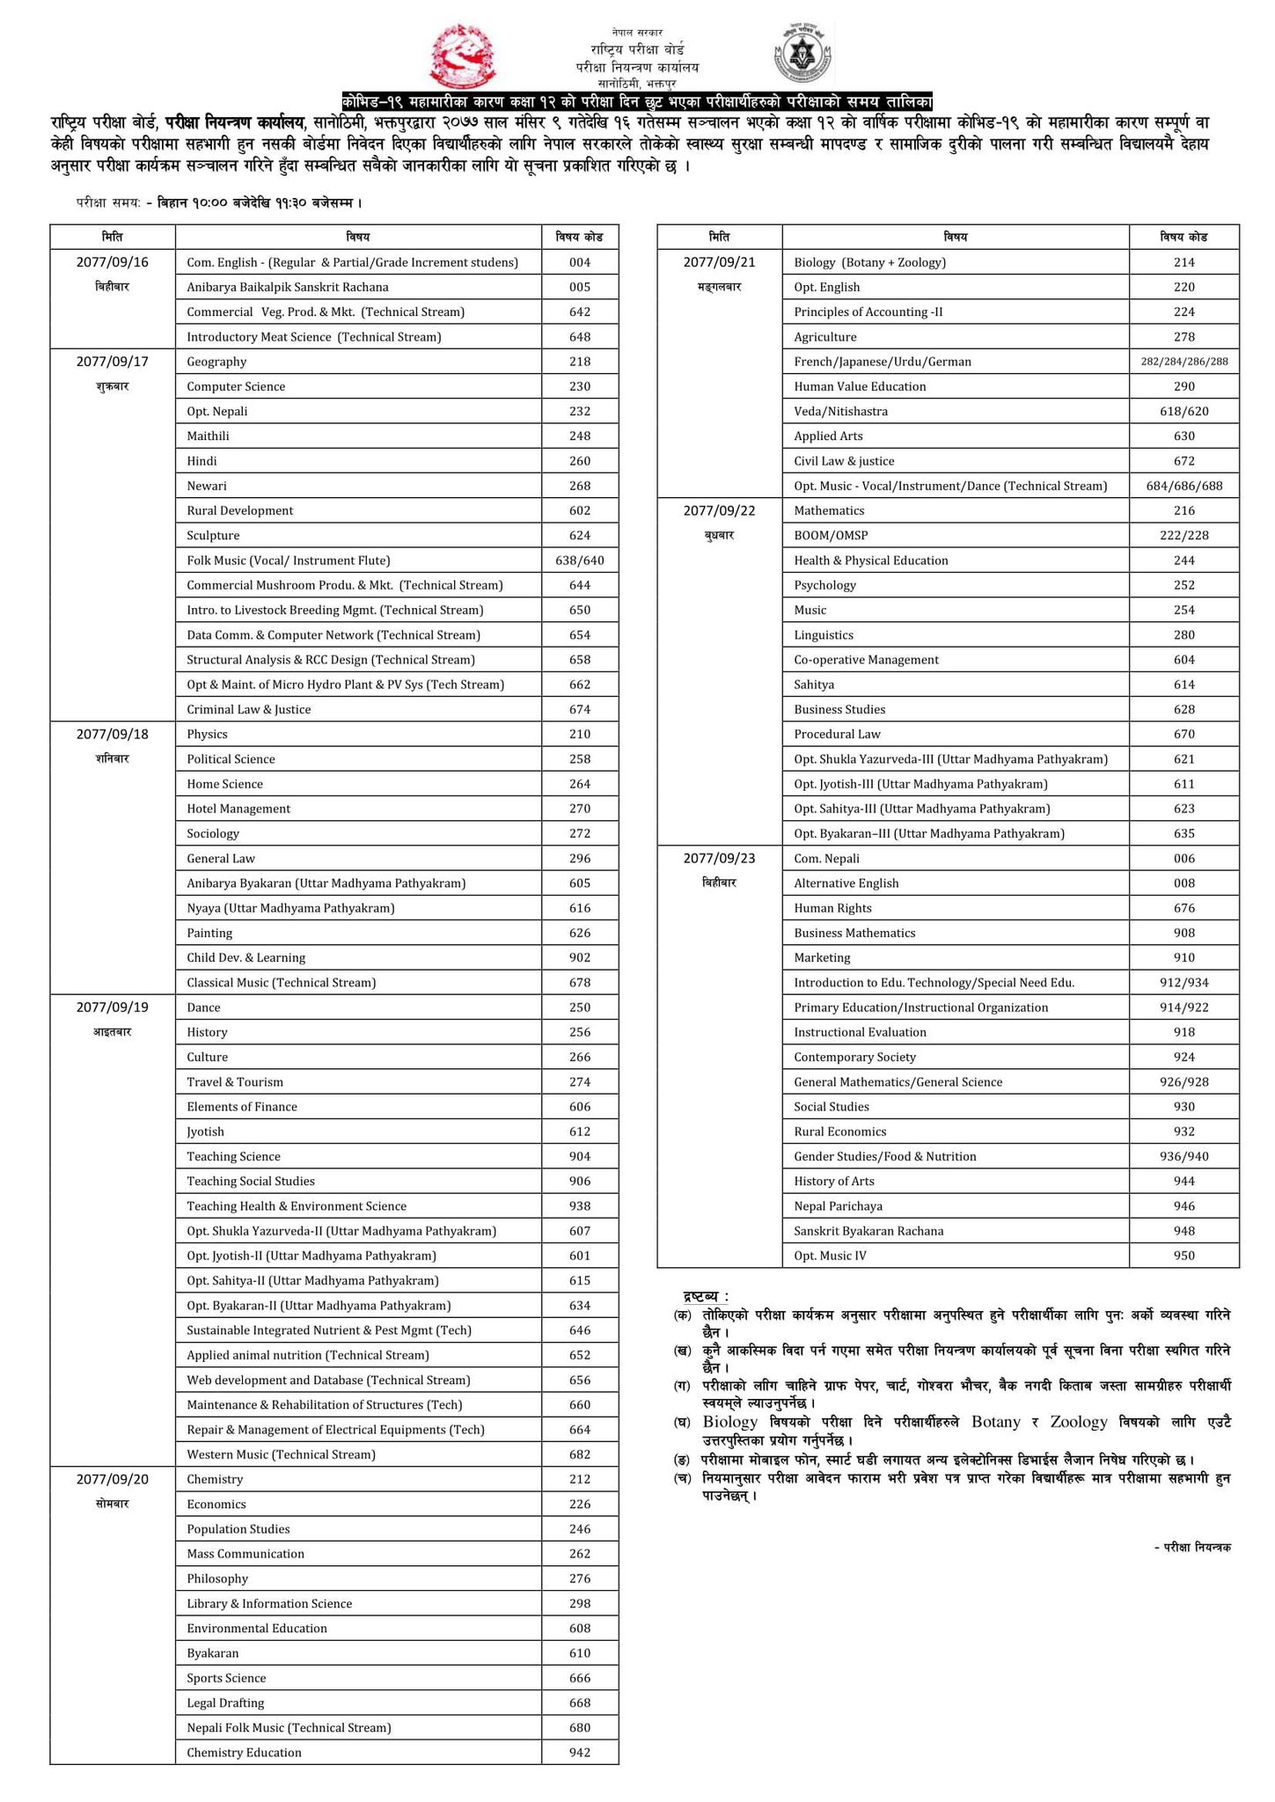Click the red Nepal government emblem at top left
[x=463, y=54]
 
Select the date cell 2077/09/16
[x=112, y=262]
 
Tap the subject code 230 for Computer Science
[x=579, y=386]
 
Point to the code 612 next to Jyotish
[x=579, y=1132]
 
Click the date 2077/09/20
[x=112, y=1479]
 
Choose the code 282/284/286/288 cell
[x=1183, y=362]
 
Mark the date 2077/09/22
[x=719, y=510]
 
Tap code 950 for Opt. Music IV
[x=1183, y=1256]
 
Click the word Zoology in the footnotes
[x=1080, y=1422]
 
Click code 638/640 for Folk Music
[x=579, y=560]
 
